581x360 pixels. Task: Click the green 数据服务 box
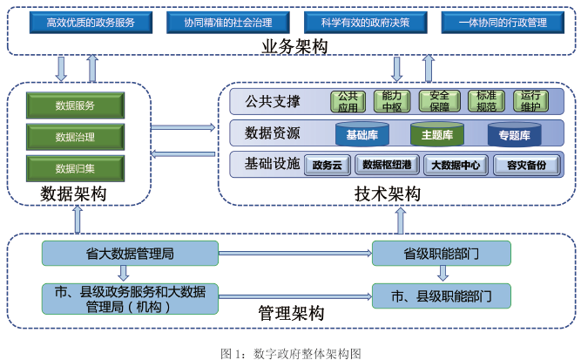(x=75, y=106)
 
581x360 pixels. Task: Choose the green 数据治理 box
(x=75, y=137)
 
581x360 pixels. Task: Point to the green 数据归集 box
(x=75, y=168)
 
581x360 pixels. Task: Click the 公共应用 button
(x=348, y=101)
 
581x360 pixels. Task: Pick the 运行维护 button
(x=529, y=101)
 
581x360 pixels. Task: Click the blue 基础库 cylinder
(x=361, y=135)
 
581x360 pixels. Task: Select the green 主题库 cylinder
(x=437, y=135)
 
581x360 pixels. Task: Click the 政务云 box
(x=327, y=165)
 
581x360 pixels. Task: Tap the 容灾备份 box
(x=525, y=165)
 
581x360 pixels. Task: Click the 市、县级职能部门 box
(x=442, y=296)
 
